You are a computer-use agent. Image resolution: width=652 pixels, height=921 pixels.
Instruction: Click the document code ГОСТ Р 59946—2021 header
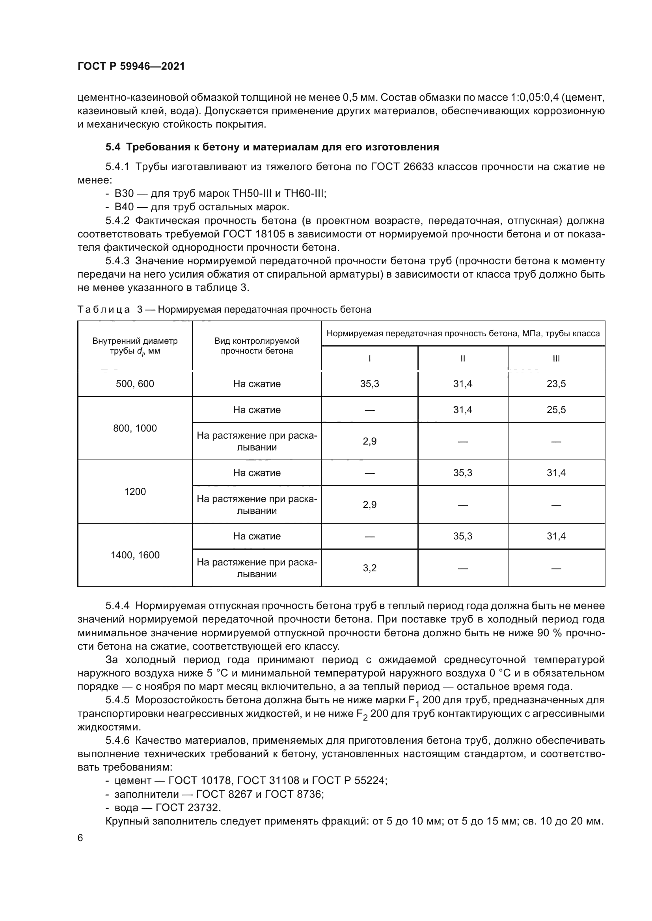click(x=131, y=67)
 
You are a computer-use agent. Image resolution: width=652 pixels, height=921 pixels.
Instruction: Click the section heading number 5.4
click(x=113, y=147)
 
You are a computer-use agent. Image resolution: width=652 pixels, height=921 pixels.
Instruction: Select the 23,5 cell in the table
click(x=556, y=384)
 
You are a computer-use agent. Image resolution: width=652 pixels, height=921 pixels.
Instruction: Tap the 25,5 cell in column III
click(x=556, y=410)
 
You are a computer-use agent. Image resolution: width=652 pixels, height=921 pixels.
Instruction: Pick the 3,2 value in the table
click(x=369, y=568)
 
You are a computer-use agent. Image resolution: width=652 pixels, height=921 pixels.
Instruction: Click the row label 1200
click(x=135, y=491)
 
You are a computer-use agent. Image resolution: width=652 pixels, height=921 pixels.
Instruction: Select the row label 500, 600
click(x=135, y=384)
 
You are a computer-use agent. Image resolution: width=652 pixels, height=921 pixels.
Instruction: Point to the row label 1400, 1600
click(x=135, y=555)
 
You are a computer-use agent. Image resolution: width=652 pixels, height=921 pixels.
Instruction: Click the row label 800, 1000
click(x=135, y=428)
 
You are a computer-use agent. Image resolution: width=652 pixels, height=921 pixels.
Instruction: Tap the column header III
click(x=556, y=359)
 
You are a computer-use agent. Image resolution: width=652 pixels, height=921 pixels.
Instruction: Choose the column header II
click(x=462, y=359)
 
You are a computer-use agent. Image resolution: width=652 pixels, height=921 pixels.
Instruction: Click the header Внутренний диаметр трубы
click(x=135, y=346)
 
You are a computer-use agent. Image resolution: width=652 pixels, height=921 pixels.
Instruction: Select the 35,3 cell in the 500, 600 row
click(x=369, y=384)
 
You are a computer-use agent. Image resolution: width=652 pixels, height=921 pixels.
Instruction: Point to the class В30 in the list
click(x=124, y=194)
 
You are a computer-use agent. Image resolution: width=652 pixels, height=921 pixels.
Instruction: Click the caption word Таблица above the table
click(x=104, y=309)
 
